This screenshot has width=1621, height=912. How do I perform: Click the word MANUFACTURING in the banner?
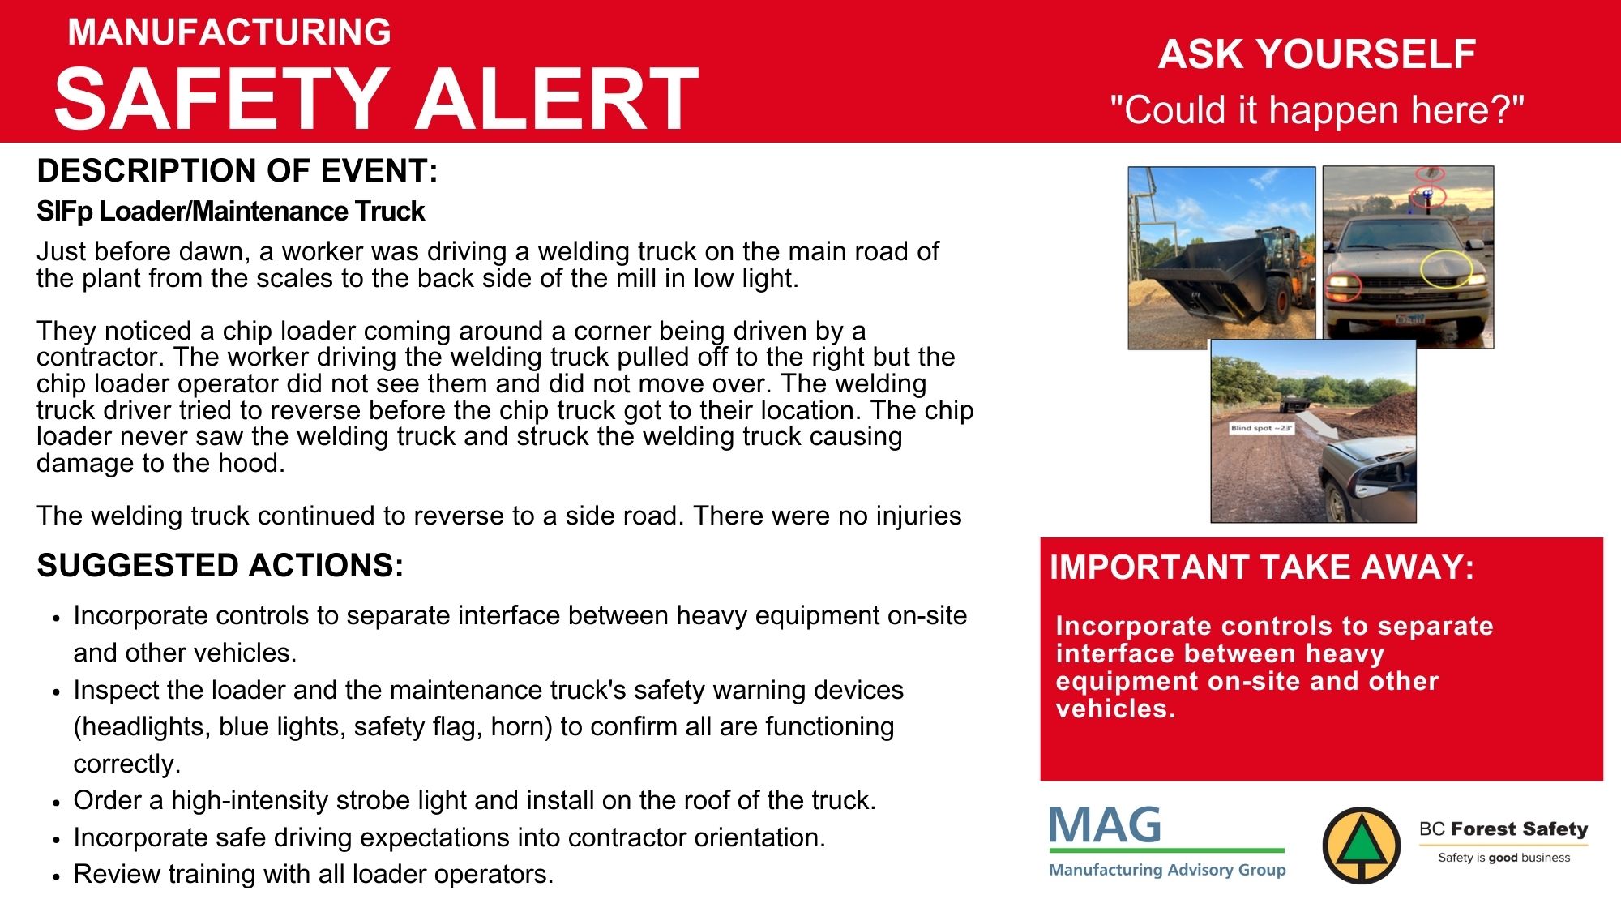(x=229, y=32)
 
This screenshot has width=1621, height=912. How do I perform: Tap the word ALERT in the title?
(x=557, y=98)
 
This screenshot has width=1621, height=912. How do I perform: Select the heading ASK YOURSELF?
(x=1317, y=54)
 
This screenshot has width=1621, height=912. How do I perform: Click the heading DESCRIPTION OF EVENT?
(x=237, y=171)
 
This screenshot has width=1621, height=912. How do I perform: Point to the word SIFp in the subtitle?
(x=65, y=212)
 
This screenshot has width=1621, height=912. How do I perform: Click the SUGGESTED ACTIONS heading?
(x=220, y=566)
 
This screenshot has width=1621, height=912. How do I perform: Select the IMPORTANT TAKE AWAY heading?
(x=1262, y=567)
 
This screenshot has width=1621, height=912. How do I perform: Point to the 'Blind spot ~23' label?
(x=1261, y=428)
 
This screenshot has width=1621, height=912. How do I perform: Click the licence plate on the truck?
(x=1410, y=319)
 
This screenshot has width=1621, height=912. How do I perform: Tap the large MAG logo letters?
(x=1105, y=825)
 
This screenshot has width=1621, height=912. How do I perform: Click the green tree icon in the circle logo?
(x=1362, y=846)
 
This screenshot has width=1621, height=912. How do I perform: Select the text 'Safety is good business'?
(x=1503, y=858)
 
